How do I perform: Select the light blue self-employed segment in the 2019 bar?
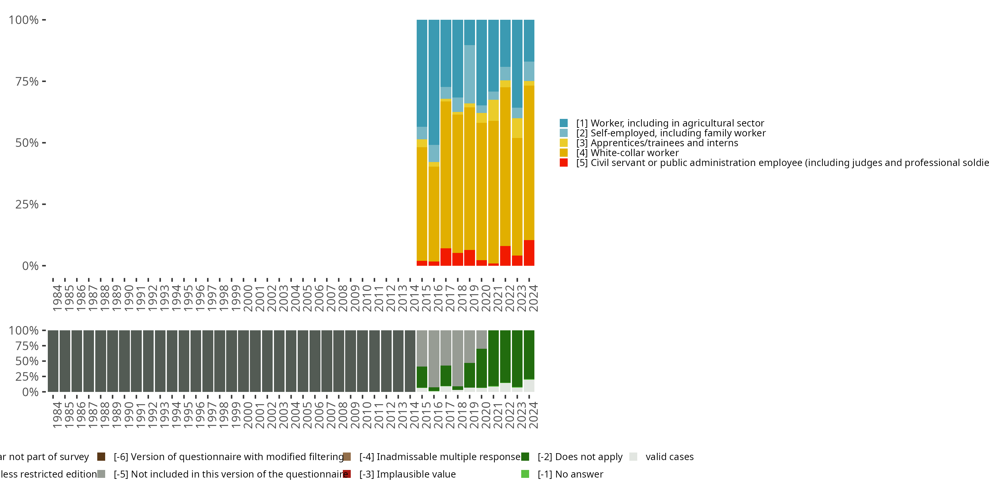point(469,74)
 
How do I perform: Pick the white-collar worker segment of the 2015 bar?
point(422,204)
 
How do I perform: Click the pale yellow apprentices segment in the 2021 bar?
point(494,110)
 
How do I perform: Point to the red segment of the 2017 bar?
point(446,257)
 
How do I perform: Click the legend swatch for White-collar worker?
point(564,153)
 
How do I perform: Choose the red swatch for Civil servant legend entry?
point(564,163)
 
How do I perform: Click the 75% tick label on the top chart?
point(27,81)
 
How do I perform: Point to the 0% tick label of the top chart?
point(30,266)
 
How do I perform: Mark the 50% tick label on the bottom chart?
point(27,361)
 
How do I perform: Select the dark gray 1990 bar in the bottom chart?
point(124,361)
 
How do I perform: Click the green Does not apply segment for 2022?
point(505,356)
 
